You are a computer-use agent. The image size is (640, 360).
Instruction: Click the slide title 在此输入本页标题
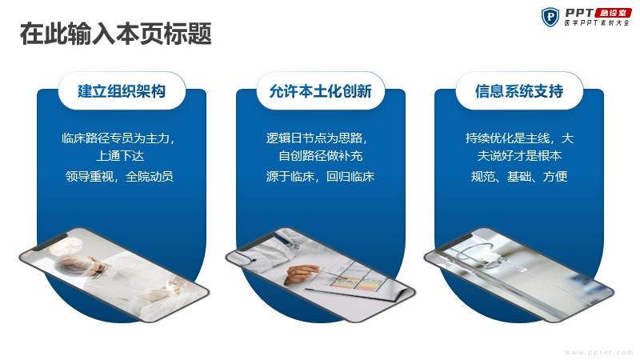click(x=115, y=34)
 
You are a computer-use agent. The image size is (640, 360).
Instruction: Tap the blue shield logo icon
click(x=550, y=17)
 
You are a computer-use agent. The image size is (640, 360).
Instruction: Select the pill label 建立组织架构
click(x=122, y=91)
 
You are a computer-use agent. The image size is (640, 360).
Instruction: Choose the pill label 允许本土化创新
click(x=321, y=91)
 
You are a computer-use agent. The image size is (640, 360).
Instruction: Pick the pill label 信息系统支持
click(x=519, y=91)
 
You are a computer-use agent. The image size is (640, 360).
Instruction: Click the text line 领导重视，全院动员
click(x=119, y=176)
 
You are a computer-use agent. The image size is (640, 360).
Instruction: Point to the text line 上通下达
click(x=119, y=156)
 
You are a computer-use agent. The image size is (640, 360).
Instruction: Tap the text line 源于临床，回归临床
click(x=321, y=176)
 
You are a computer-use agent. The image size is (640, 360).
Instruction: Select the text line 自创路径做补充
click(x=321, y=156)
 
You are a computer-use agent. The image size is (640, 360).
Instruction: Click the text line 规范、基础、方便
click(x=519, y=176)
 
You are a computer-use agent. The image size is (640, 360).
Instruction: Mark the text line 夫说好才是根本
click(x=519, y=156)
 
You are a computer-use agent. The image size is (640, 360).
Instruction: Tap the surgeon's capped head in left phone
click(x=68, y=266)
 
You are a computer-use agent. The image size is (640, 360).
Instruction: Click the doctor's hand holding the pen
click(x=300, y=274)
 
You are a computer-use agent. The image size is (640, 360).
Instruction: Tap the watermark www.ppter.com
click(x=598, y=352)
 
